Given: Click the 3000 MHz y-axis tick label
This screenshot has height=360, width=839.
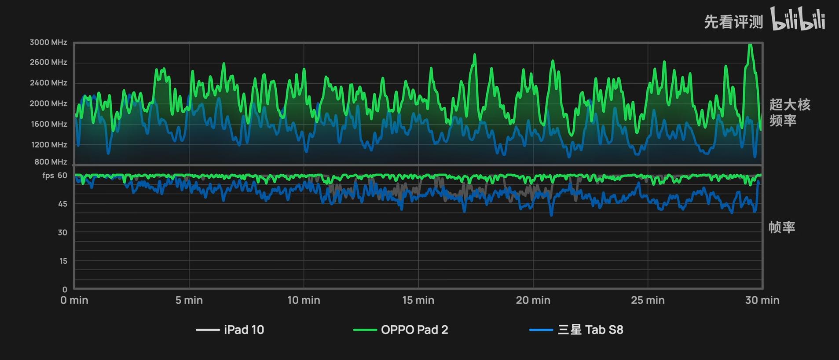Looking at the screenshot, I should pos(48,42).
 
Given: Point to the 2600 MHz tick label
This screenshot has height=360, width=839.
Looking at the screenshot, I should pos(48,62).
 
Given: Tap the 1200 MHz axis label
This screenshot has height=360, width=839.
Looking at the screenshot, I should pos(49,145).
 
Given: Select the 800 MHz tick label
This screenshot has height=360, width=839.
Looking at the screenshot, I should pos(51,162).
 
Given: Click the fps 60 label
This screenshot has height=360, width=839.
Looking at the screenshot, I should pos(55,176).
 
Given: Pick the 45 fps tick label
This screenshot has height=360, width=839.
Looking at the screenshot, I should pos(62,204).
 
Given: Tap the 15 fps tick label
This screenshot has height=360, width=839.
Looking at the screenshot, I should pos(63,261).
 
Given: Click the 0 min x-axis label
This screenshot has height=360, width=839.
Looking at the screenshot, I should pos(74,300).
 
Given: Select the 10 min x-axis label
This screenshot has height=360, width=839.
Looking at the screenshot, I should pos(304,300).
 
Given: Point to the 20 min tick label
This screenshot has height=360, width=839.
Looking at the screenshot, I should pos(533,300).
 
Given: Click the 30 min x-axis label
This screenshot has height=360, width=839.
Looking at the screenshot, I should pos(762,300).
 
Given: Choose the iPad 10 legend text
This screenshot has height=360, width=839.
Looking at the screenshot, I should pos(244,330).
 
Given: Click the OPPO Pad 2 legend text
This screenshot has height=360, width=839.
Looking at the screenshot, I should pos(414,330).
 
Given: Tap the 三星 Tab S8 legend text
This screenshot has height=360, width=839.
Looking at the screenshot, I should pos(590,330).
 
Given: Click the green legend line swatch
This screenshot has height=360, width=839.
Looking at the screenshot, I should pos(365,330).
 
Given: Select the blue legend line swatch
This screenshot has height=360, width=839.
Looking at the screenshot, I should pos(541,330).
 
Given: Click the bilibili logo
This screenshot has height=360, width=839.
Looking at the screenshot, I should pos(798,19).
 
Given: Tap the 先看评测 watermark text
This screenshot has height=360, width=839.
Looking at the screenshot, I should pos(733,22).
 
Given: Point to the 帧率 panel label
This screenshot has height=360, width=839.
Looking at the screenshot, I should pos(782,227).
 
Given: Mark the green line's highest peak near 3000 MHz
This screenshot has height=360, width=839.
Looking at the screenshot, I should pos(750,45).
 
